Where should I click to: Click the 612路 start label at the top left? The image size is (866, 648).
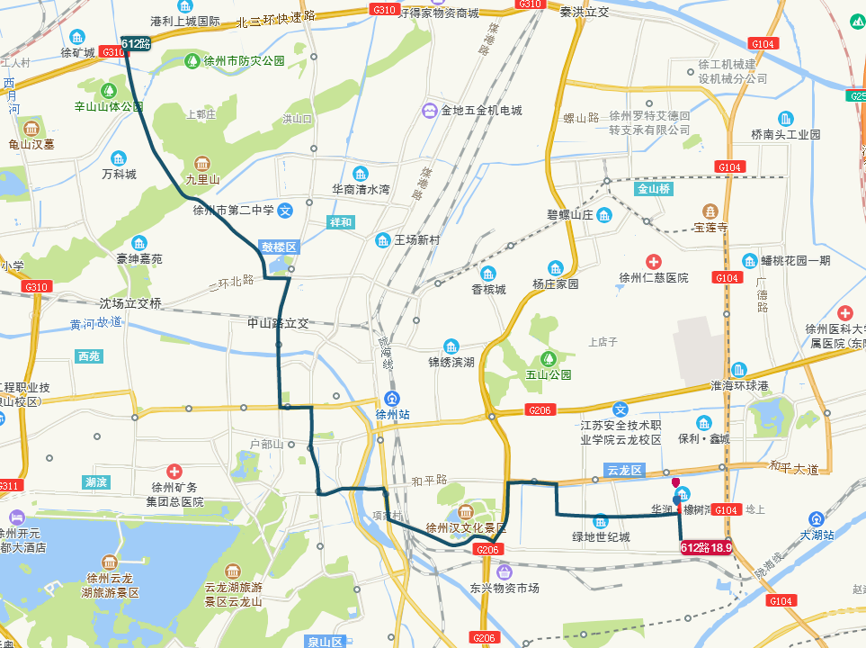135,43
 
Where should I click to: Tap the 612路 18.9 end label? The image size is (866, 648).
707,547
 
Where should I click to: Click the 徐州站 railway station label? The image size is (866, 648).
392,415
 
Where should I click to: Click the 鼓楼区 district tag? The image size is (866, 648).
278,247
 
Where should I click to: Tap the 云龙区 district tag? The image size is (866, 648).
623,471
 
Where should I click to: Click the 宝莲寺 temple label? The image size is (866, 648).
710,228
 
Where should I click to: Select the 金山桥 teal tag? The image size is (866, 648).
654,190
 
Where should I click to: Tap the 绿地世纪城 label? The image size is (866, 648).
601,537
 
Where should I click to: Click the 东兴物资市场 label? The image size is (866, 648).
504,588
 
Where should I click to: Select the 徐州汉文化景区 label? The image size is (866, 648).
466,527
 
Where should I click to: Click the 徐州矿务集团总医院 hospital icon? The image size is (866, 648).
174,472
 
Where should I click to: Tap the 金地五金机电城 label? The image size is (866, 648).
481,111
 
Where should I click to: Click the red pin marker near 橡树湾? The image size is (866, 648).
675,483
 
